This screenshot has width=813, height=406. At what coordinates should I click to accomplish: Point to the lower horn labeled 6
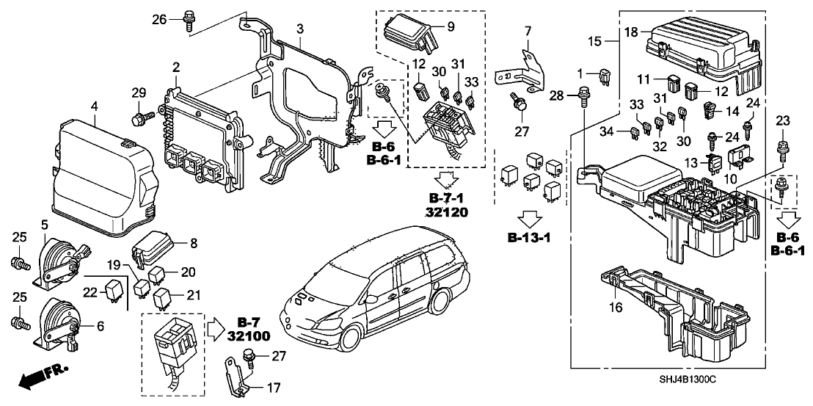(59, 320)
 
